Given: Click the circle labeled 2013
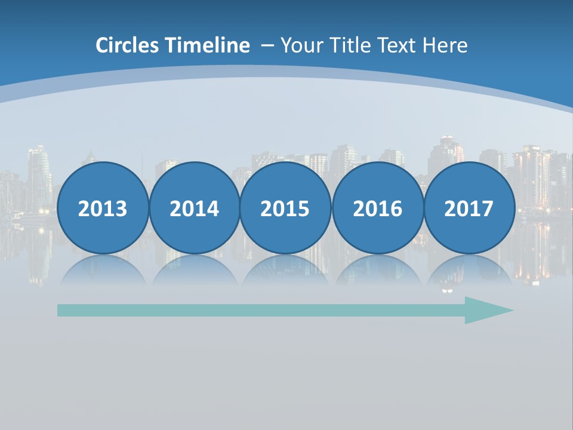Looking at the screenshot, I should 103,208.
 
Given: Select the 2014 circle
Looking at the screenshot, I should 195,208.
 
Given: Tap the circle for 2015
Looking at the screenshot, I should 285,208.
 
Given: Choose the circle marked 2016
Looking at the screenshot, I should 378,208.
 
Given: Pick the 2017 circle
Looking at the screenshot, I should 469,208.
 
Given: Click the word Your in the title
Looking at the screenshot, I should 299,45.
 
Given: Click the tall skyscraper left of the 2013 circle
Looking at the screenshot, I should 39,173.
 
